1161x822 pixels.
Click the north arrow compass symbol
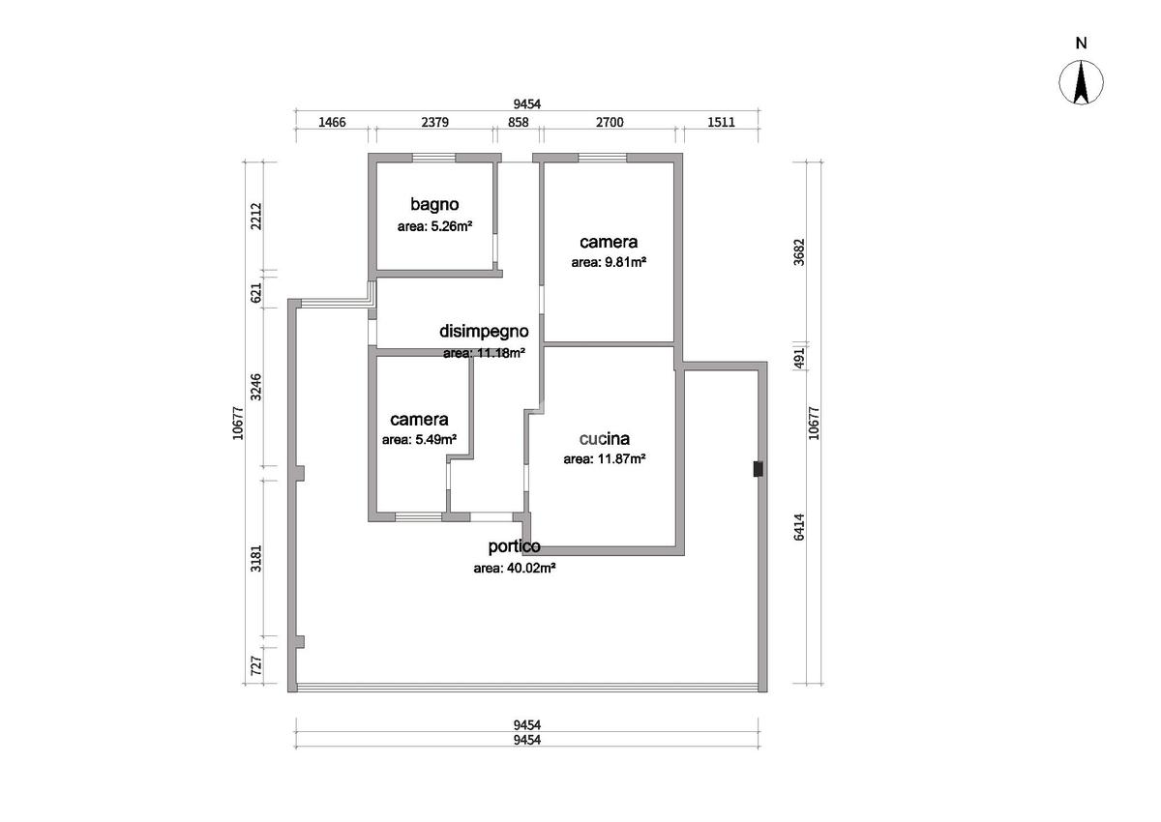point(1082,82)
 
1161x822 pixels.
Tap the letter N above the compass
point(1082,43)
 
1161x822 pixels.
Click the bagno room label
point(434,204)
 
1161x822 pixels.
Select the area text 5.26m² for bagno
point(452,226)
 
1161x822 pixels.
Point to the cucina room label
point(605,439)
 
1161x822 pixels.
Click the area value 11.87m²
point(621,459)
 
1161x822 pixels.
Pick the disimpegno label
point(484,332)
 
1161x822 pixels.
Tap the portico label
point(514,546)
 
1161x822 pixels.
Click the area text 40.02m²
point(531,569)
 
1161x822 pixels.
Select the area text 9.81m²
point(625,263)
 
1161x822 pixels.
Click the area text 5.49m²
point(436,440)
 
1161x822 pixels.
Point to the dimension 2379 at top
point(434,122)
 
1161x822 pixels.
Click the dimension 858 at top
point(519,122)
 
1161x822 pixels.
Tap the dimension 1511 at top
point(721,122)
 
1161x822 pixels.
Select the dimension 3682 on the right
point(800,252)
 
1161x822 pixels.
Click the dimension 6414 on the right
point(800,527)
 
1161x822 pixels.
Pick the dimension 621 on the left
point(256,293)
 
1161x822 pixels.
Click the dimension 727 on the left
point(256,665)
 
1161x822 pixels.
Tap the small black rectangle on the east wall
point(758,469)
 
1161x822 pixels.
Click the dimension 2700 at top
point(610,122)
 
